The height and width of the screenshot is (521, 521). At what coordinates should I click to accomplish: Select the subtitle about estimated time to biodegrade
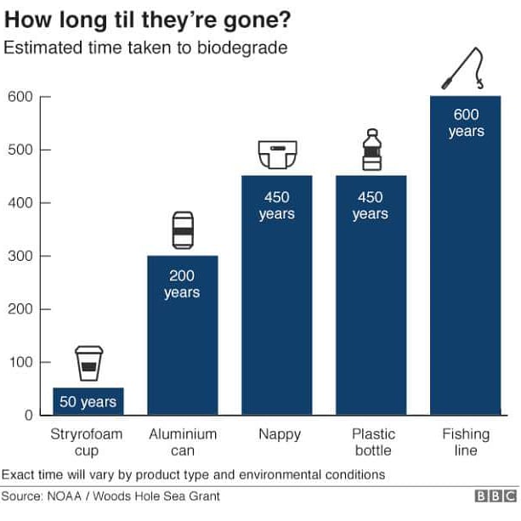(x=145, y=48)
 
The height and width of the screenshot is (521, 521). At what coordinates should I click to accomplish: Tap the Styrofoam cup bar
(x=88, y=401)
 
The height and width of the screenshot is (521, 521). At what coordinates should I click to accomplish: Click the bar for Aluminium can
(x=182, y=336)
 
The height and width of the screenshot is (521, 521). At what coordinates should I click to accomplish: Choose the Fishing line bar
(x=465, y=255)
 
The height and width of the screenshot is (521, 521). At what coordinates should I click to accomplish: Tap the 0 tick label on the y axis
(x=28, y=416)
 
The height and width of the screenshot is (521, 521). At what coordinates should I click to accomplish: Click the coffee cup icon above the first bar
(x=88, y=364)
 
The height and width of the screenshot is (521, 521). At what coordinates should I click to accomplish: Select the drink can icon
(x=183, y=230)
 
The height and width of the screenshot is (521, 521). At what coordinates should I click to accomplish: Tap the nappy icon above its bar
(x=276, y=155)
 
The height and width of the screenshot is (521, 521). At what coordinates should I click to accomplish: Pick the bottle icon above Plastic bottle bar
(x=371, y=150)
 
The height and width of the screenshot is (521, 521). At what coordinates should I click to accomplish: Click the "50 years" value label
(x=88, y=402)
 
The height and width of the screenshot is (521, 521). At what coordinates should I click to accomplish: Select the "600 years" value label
(x=466, y=123)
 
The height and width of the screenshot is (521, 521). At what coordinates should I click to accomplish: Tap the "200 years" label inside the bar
(x=182, y=284)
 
